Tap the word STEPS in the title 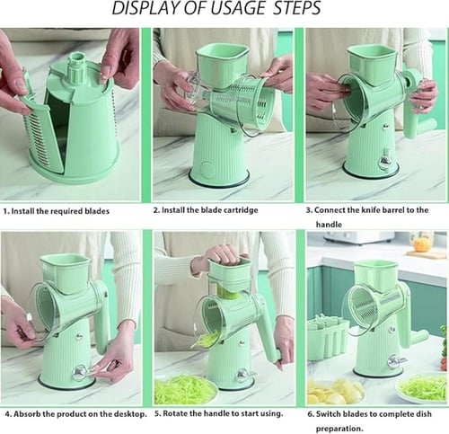(x=297, y=8)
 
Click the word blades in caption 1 (x=97, y=211)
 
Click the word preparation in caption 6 (x=339, y=429)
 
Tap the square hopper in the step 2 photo (x=223, y=66)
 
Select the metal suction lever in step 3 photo (x=385, y=162)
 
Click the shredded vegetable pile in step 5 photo (x=186, y=390)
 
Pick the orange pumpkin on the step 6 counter (x=421, y=244)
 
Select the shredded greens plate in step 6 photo (x=422, y=388)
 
